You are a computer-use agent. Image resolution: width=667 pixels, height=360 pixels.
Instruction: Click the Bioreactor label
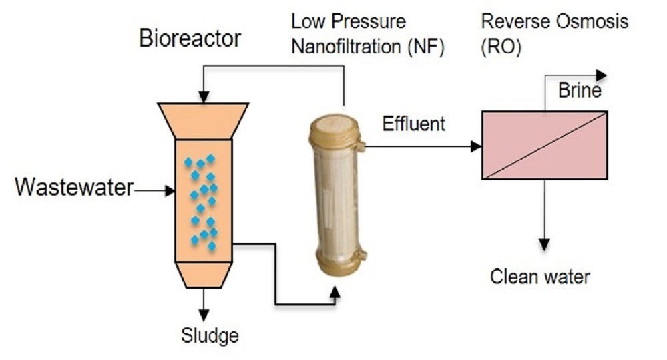pos(190,39)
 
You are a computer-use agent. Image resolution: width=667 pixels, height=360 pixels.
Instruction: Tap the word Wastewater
pos(74,188)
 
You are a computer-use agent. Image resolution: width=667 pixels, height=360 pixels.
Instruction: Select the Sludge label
pos(209,335)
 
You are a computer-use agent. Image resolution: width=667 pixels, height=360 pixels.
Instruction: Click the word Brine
pos(580,91)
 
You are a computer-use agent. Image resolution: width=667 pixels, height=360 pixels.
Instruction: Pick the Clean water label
pos(540,276)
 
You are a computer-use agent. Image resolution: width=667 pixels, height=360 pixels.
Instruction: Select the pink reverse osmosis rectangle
pos(544,145)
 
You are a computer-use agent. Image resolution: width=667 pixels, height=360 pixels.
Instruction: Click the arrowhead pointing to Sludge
pos(204,313)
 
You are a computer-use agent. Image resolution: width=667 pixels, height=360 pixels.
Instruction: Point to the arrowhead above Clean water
pos(545,241)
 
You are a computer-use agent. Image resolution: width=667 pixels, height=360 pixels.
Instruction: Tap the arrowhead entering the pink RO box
pos(476,146)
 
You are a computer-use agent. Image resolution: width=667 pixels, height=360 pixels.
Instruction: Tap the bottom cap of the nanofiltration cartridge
pos(333,263)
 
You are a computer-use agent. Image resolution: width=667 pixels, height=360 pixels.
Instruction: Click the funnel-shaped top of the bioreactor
pos(204,120)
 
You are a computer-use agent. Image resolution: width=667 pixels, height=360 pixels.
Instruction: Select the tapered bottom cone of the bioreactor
pos(204,275)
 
